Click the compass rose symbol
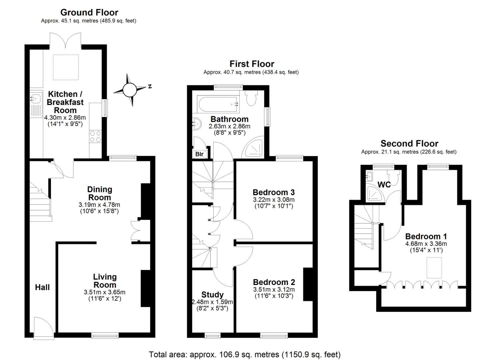tap(130, 90)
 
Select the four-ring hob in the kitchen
tap(95, 136)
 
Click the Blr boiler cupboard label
tap(199, 154)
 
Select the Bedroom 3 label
tap(274, 192)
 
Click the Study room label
tap(212, 295)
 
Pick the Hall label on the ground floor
tap(42, 287)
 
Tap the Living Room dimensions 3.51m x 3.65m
tap(105, 292)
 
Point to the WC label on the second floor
tap(384, 185)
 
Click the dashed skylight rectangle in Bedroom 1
tap(434, 268)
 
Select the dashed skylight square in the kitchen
tap(66, 67)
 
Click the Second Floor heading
tap(409, 144)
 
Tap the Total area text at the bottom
tap(245, 354)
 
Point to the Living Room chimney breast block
tap(145, 288)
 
